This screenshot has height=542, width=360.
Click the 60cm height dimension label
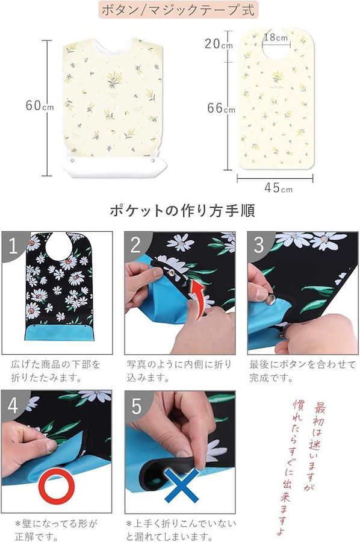pos(39,105)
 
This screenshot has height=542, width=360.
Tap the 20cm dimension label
pos(219,43)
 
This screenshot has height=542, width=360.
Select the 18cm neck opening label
pos(276,37)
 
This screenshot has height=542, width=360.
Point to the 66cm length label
pos(221,108)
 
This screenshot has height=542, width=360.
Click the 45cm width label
pos(279,188)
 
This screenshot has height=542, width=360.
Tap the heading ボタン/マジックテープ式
pos(178,10)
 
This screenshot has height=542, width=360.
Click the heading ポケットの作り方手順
pos(182,210)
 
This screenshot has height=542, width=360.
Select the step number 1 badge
pos(14,245)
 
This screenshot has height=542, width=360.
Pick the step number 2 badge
pos(136,245)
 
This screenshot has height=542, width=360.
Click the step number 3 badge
pos(259,245)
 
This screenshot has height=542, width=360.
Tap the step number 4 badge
pos(13,405)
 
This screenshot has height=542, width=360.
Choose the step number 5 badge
pos(137,405)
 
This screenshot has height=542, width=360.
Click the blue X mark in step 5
pos(182,485)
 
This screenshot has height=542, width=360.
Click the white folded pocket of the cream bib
pos(114,165)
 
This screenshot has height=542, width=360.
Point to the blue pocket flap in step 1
pos(59,333)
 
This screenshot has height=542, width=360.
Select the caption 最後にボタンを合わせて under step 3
pos(302,364)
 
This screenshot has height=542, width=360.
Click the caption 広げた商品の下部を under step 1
pos(55,364)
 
